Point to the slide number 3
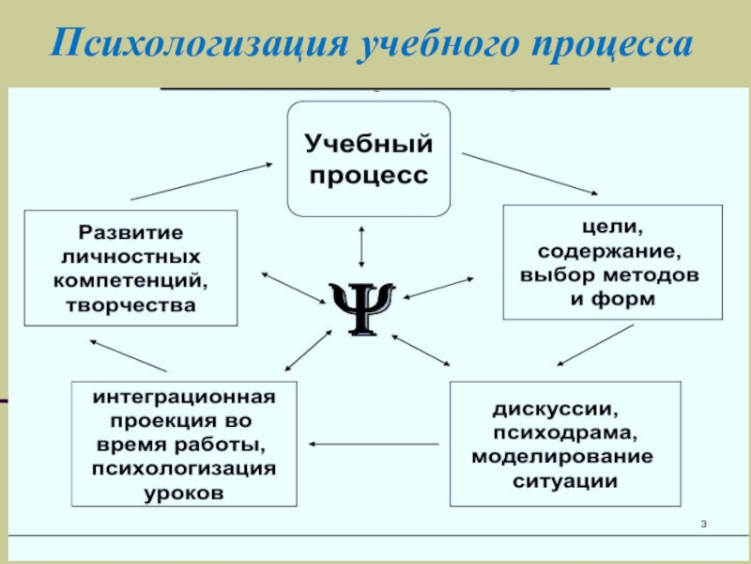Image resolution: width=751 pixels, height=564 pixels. [703, 524]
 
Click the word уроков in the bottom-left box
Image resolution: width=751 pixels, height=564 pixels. [185, 493]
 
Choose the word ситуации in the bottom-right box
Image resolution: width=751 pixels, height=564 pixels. [565, 481]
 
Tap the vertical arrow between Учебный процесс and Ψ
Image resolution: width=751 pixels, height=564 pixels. [361, 246]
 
